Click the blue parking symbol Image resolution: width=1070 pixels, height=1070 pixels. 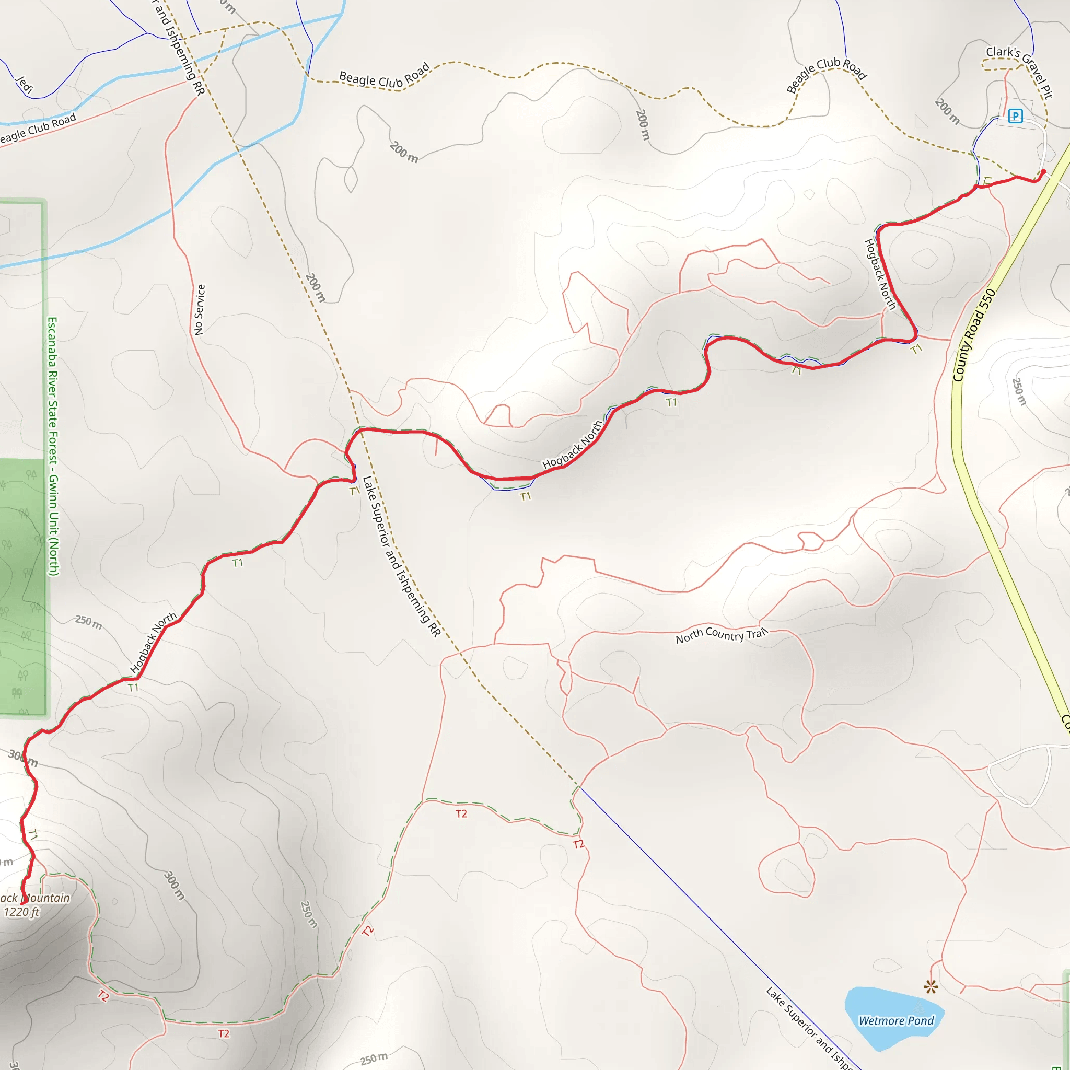click(1015, 116)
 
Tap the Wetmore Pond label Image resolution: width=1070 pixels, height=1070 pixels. click(896, 1020)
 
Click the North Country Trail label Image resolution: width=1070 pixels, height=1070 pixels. click(721, 635)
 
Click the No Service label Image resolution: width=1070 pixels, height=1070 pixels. click(200, 310)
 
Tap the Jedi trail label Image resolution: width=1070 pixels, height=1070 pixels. click(25, 84)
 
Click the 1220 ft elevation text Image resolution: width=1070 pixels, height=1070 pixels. click(21, 912)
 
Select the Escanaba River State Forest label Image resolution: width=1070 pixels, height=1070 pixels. click(53, 446)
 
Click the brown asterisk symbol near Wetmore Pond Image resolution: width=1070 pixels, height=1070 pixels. click(931, 986)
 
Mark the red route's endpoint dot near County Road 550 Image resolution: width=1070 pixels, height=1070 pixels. click(1043, 171)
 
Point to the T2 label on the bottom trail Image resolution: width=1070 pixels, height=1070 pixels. click(223, 1033)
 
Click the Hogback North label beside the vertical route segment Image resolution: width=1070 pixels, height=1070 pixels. click(880, 274)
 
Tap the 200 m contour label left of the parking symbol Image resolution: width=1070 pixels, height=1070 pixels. click(947, 111)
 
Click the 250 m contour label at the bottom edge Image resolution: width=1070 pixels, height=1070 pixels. click(374, 1059)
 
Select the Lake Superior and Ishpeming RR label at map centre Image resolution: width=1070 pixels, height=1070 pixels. click(401, 556)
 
